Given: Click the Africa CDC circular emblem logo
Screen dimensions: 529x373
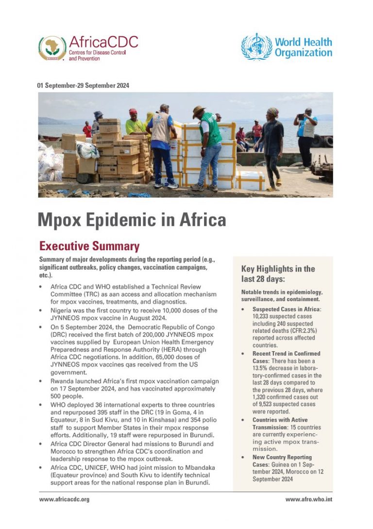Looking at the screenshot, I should pos(52,48).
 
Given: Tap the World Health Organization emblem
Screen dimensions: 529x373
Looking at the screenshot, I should pos(256,47).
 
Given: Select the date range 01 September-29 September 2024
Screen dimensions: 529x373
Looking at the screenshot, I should pos(83,85).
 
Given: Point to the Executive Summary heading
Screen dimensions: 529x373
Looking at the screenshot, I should pos(89,246).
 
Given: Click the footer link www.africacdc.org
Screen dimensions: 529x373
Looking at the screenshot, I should pos(63,499).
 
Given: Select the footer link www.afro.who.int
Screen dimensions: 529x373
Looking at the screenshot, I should pos(308,499).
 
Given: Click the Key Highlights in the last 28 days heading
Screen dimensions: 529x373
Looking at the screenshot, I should pos(278,273).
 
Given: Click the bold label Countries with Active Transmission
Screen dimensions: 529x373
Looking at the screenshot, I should pos(280,423).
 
